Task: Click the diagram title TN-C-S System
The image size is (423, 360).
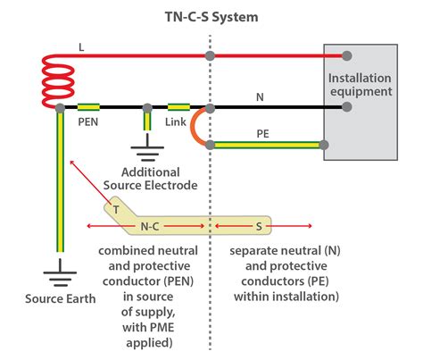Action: click(x=211, y=15)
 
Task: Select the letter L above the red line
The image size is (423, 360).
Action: click(x=81, y=46)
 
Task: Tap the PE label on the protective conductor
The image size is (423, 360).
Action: click(x=262, y=131)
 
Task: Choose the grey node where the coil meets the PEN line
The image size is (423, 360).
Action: click(x=59, y=108)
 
